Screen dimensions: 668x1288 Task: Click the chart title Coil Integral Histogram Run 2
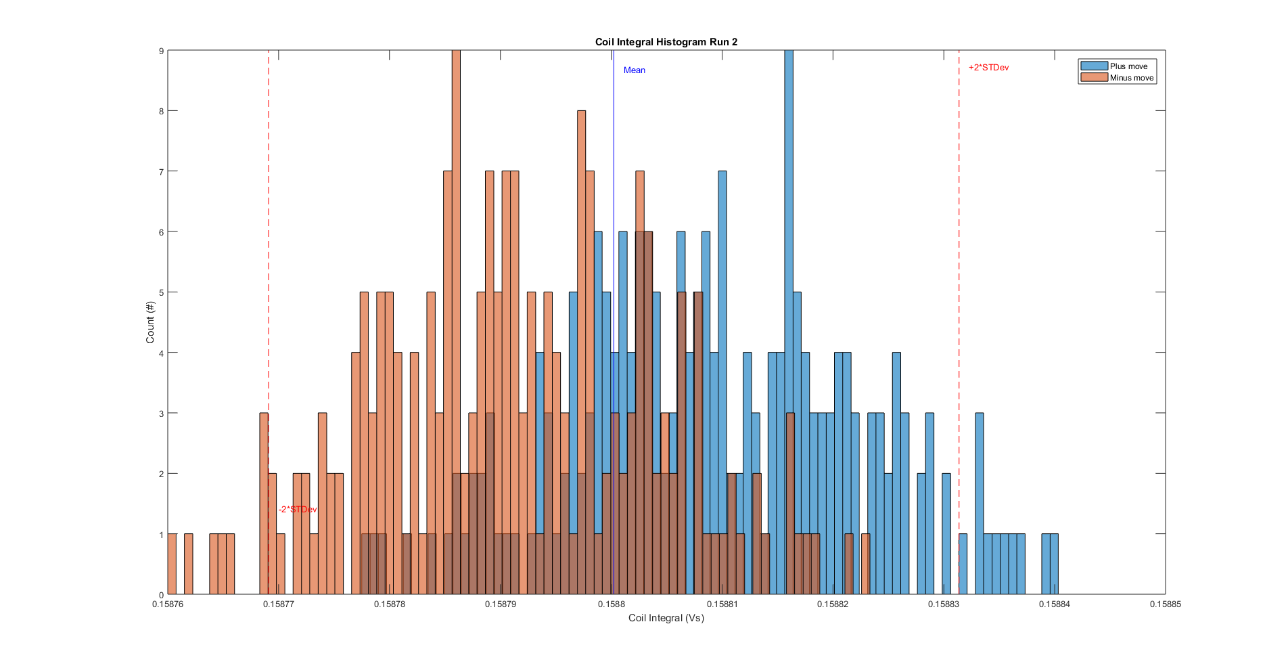(x=666, y=42)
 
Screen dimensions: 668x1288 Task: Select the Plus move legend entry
(x=1128, y=66)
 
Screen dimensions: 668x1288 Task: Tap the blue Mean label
(x=634, y=70)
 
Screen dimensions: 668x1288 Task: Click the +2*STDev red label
(x=988, y=68)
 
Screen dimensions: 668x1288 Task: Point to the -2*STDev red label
(x=298, y=510)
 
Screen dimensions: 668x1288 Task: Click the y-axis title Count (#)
(x=150, y=322)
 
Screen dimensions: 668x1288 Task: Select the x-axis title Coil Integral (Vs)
(x=666, y=618)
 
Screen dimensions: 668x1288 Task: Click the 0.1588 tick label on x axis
(x=611, y=604)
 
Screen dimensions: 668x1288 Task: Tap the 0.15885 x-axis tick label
(x=1165, y=604)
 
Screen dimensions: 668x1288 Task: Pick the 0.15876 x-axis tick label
(x=168, y=604)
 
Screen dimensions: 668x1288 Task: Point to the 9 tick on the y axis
(x=161, y=51)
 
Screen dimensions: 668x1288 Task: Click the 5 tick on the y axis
(x=161, y=292)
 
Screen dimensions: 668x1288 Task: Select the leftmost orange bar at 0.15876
(x=172, y=564)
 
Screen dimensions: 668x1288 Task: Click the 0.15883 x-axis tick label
(x=943, y=604)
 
